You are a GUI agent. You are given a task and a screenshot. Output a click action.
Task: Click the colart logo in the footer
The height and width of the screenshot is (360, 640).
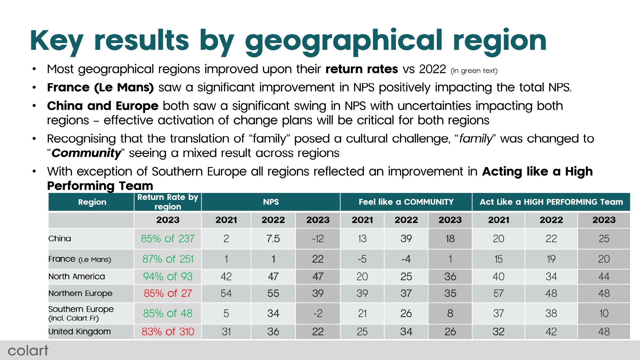click(28, 351)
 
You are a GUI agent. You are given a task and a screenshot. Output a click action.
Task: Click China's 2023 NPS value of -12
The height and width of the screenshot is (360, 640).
click(318, 239)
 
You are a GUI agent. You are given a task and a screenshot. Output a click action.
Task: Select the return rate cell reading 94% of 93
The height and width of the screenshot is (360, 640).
click(168, 276)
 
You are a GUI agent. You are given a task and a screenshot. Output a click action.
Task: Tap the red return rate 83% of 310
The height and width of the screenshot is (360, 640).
click(168, 332)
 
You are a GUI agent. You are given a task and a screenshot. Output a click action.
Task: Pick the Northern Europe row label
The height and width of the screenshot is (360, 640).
click(80, 293)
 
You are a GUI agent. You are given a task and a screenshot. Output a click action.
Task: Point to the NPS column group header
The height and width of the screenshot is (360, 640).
click(271, 202)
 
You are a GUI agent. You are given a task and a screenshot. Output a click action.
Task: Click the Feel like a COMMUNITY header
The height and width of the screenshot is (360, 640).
click(406, 202)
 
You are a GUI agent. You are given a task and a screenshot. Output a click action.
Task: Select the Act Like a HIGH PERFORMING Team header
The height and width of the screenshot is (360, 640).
click(551, 202)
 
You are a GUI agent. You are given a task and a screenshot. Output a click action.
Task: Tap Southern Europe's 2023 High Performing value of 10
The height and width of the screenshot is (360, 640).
click(604, 313)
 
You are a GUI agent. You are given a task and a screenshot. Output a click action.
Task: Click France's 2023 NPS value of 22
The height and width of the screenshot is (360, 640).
click(318, 259)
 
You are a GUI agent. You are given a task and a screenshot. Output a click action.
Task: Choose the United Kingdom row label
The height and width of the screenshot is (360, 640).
click(80, 332)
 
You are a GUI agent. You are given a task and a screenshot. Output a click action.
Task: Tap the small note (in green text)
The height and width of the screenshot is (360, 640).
click(474, 71)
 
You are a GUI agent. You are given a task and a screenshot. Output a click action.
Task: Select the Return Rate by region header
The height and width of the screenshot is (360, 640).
click(168, 202)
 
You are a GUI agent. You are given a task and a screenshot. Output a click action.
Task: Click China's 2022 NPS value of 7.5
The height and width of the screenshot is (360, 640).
click(273, 239)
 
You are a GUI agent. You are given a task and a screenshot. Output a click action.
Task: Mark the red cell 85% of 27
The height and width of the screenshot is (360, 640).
click(168, 293)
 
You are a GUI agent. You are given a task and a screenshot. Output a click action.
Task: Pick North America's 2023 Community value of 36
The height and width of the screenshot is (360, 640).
click(450, 276)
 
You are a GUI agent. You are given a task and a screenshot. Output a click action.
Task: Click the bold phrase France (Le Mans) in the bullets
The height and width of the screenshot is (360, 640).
click(100, 87)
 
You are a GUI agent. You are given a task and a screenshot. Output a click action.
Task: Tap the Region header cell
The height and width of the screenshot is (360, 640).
click(92, 202)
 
